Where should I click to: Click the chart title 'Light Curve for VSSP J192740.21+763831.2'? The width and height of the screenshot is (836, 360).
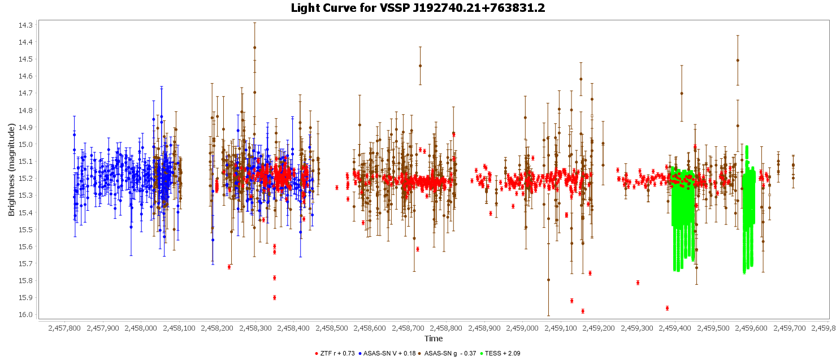pos(418,8)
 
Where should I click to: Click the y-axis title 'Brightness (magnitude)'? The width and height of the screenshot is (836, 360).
pos(11,170)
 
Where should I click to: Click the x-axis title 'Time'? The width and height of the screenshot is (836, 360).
pos(434,339)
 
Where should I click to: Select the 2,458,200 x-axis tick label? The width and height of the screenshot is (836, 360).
pos(218,328)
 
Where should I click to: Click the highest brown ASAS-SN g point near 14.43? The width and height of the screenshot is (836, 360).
pos(255,47)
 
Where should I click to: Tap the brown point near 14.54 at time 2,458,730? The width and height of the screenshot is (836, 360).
pos(420,66)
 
